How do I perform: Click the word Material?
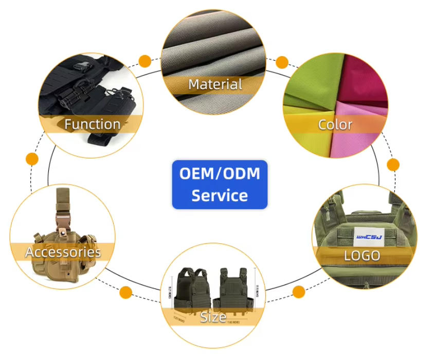click(x=215, y=84)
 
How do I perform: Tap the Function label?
click(x=93, y=124)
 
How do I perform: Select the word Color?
click(x=335, y=124)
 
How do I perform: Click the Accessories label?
click(x=63, y=252)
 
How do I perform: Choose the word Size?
click(x=213, y=317)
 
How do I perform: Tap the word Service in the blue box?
click(x=220, y=195)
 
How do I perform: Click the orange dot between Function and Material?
click(x=145, y=61)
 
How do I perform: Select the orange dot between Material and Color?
click(x=281, y=62)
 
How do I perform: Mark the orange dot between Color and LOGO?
click(x=393, y=165)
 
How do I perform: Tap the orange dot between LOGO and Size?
click(x=299, y=292)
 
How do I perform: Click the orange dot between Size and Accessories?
click(x=125, y=294)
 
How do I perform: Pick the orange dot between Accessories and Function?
click(x=32, y=159)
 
